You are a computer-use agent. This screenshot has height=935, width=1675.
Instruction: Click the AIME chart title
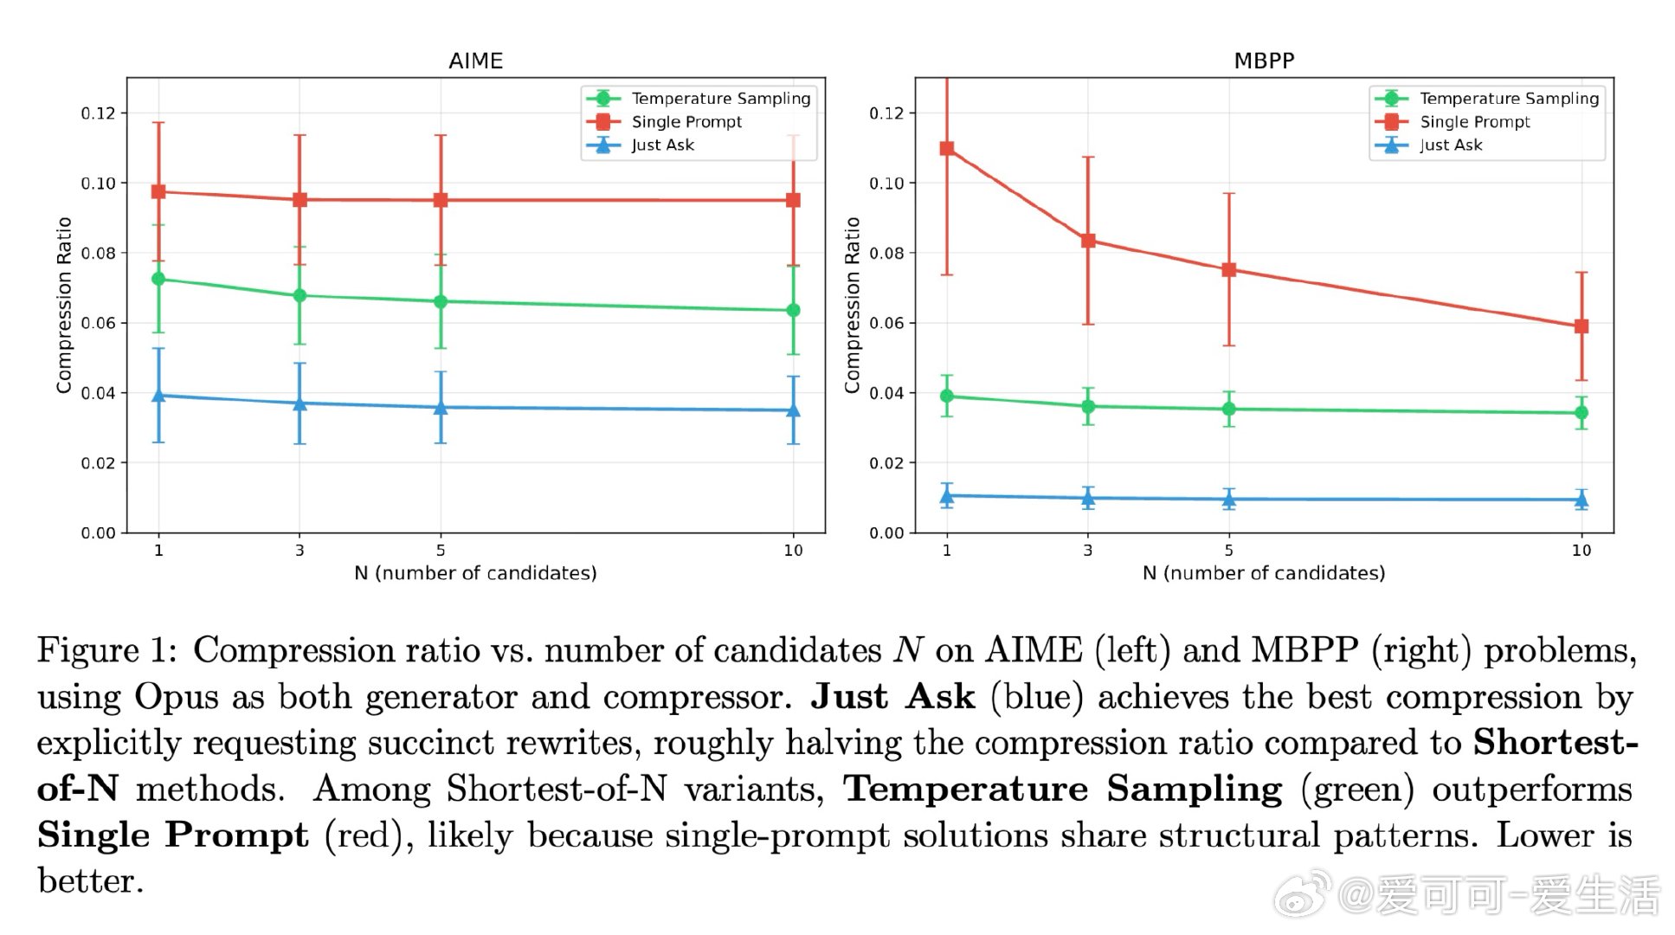475,61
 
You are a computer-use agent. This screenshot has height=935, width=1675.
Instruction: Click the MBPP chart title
1264,61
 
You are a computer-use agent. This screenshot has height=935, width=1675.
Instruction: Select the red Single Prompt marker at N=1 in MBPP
947,149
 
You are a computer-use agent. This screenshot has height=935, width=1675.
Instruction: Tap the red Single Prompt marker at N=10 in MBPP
1582,326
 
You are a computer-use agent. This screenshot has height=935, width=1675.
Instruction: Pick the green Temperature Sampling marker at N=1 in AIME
158,279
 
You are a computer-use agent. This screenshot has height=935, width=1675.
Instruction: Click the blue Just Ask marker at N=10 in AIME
793,410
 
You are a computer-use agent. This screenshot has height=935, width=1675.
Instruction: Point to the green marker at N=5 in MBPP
1229,409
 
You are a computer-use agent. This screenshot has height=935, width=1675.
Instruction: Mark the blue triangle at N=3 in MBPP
1088,498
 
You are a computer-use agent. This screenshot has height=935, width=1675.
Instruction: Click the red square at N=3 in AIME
300,200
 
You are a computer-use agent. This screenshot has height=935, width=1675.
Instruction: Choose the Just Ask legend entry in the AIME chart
662,145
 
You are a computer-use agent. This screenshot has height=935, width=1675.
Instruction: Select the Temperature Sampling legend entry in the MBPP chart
1509,99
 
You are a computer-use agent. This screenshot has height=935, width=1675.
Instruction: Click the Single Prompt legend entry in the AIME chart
686,122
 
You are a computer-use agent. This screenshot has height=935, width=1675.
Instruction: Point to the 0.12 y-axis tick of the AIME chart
98,113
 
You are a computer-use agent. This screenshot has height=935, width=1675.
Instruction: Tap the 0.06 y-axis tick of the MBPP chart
886,323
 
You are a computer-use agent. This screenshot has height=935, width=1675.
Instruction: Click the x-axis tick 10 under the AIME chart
793,551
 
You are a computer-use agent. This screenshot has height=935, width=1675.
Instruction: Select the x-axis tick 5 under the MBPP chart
1229,551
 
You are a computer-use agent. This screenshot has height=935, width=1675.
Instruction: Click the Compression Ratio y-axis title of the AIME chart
64,305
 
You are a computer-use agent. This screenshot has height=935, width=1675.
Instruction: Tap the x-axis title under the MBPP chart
1264,573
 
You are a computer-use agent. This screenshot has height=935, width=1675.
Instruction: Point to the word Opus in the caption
177,697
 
